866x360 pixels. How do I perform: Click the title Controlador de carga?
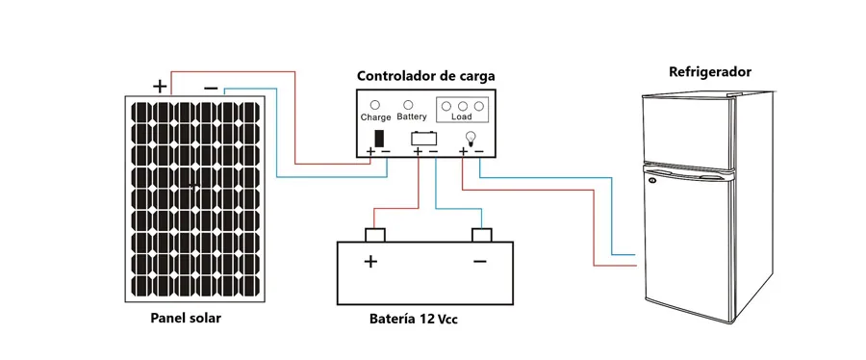(x=426, y=76)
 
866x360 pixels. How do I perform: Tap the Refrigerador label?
(x=710, y=72)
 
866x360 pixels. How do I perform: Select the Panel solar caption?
(x=186, y=319)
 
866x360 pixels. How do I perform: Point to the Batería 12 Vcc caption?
(x=414, y=320)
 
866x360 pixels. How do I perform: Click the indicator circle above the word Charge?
(x=374, y=105)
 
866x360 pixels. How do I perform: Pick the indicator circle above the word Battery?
(x=409, y=104)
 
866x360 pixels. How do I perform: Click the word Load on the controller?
(x=462, y=117)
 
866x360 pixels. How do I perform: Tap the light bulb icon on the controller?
(x=471, y=137)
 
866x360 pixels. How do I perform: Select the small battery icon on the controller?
(x=424, y=138)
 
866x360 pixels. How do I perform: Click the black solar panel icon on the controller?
(x=380, y=138)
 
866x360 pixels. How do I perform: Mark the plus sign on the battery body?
(x=370, y=261)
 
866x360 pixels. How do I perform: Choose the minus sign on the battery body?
(x=480, y=261)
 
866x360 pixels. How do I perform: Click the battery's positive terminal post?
(x=375, y=235)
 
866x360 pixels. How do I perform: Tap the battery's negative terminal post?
(x=482, y=235)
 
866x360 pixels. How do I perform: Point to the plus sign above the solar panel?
(x=160, y=86)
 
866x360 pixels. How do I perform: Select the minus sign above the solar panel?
(x=211, y=88)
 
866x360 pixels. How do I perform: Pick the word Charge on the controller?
(x=375, y=117)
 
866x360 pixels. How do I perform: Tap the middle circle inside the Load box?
(x=463, y=106)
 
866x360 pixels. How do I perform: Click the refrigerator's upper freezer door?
(x=687, y=132)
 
